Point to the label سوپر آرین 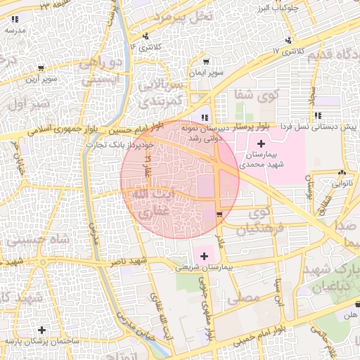pos(41,79)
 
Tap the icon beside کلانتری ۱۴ pos(146,36)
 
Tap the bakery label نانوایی pos(340,183)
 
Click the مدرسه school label pos(16,30)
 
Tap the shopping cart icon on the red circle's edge pos(220,214)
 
